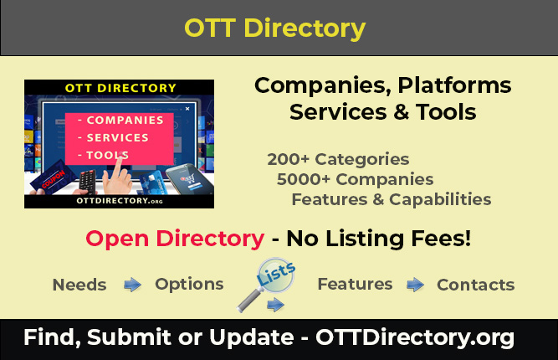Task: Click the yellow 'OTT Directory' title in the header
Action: [x=274, y=28]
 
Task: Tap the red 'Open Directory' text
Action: [x=174, y=239]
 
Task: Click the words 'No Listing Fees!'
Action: [x=378, y=239]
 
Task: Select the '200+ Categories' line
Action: [x=338, y=159]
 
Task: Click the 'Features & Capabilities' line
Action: [x=391, y=199]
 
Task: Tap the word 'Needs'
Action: [x=79, y=285]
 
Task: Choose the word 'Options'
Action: [x=189, y=284]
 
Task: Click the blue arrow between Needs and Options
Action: [x=132, y=285]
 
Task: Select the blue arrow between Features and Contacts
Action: [x=415, y=285]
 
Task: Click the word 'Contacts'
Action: [x=475, y=285]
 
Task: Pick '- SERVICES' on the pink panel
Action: [x=113, y=137]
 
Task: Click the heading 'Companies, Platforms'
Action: [x=382, y=85]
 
